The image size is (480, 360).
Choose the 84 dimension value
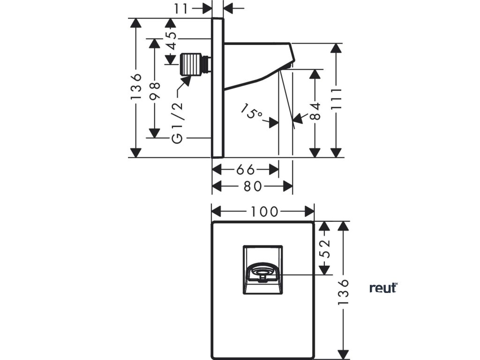316,112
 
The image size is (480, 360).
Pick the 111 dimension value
336,99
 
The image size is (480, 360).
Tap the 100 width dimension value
263,211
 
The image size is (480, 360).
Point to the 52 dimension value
324,248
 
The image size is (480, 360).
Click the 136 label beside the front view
344,293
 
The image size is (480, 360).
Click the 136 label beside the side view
136,86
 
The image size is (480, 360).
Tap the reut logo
383,288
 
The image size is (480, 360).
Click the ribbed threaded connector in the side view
193,63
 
